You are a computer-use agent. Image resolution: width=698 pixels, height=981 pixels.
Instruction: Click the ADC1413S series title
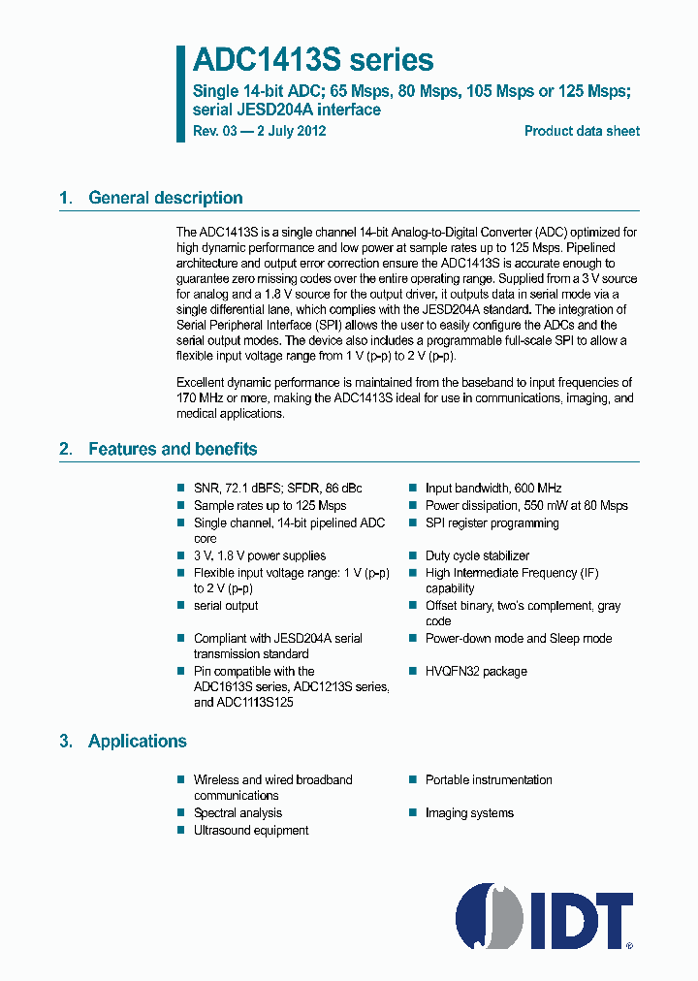coord(312,60)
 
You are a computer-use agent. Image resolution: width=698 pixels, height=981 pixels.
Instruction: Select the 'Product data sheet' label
coord(582,131)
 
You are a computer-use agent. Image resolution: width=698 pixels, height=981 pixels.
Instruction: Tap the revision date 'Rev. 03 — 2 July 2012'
coord(259,131)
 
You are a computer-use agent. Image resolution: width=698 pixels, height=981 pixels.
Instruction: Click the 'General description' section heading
coord(165,198)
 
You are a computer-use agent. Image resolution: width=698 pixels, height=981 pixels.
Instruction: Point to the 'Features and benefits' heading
coord(173,449)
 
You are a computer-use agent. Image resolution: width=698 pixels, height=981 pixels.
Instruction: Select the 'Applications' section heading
coord(137,741)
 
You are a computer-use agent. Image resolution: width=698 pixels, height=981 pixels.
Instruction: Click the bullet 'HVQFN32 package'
coord(475,671)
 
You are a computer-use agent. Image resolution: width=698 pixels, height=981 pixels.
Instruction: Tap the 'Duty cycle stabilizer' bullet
coord(477,555)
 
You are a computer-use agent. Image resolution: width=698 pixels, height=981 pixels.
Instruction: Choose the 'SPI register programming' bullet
coord(492,522)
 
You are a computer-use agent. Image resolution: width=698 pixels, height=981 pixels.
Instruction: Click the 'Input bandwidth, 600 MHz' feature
coord(492,488)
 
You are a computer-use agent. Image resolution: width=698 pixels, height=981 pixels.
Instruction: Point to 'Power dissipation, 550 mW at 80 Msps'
coord(525,505)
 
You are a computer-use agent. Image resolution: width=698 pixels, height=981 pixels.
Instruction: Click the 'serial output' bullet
coord(226,605)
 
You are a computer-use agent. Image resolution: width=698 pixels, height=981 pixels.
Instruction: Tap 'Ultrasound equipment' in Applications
coord(251,830)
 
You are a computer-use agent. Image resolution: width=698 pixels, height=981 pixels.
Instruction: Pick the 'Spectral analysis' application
coord(238,812)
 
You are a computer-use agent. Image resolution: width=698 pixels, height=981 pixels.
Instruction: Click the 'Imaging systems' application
coord(469,812)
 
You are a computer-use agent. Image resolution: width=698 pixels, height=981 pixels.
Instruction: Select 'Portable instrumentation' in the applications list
coord(489,779)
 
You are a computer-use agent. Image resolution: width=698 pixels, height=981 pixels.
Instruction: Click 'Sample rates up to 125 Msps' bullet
coord(270,505)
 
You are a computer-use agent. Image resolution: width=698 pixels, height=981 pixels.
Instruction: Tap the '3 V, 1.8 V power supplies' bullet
coord(259,555)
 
